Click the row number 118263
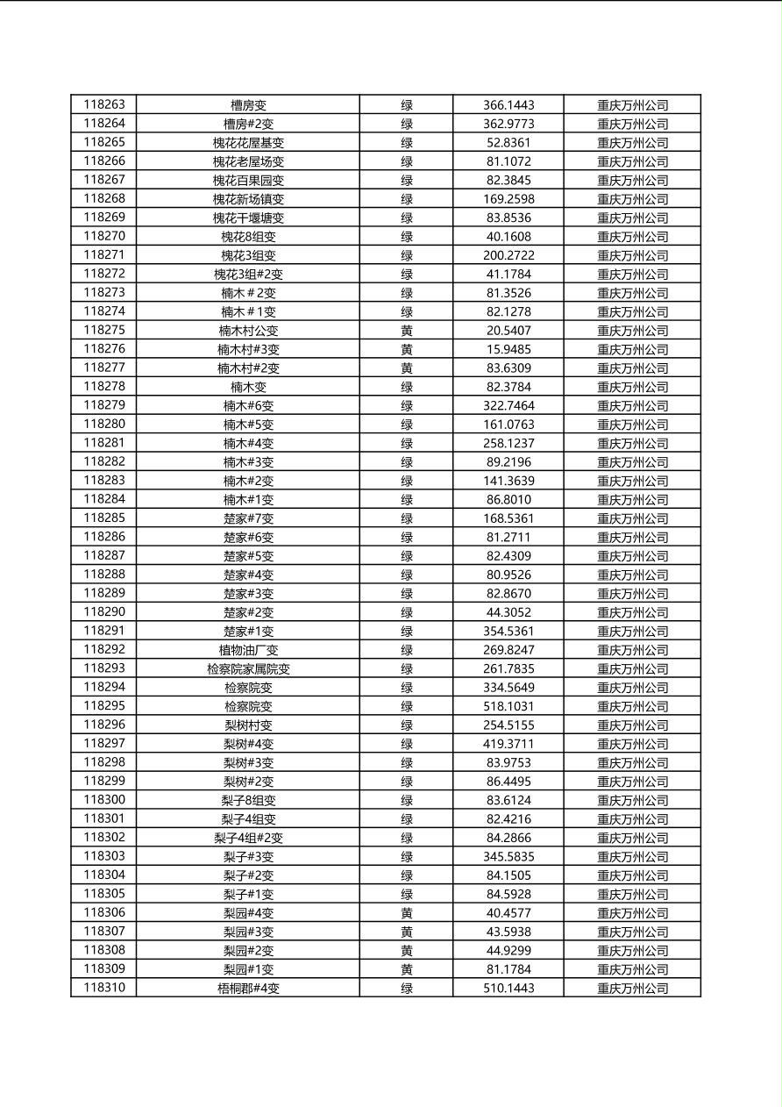click(104, 104)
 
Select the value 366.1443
click(508, 105)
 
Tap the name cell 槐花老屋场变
click(248, 161)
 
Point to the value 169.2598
click(508, 199)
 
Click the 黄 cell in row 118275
click(407, 331)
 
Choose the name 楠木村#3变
click(248, 349)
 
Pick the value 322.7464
click(508, 406)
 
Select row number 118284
click(104, 499)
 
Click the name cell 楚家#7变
click(248, 518)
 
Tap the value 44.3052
click(508, 612)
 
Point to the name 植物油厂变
click(248, 650)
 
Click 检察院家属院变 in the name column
click(248, 669)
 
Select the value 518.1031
click(508, 706)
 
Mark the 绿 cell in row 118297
click(407, 744)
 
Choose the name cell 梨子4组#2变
click(248, 838)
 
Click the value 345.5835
click(508, 856)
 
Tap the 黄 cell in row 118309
click(407, 969)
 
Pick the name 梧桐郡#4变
click(248, 989)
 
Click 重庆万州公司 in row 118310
click(632, 989)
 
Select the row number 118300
click(104, 799)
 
